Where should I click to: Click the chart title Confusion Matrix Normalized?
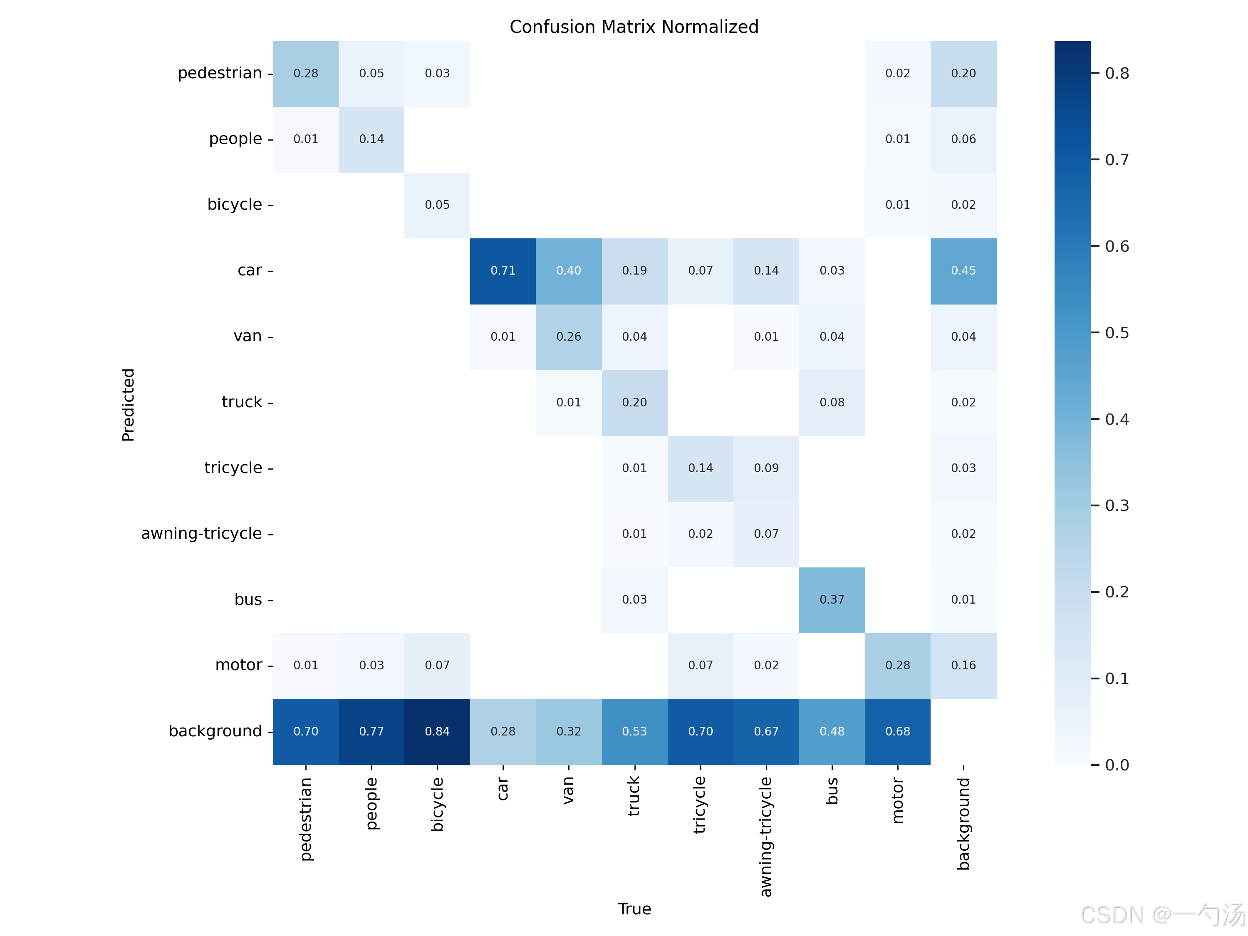pos(634,27)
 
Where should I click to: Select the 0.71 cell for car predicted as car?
pos(503,271)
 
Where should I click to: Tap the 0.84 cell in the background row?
pos(437,732)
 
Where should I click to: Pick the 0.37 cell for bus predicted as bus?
pos(832,600)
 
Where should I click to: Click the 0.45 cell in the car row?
pos(963,271)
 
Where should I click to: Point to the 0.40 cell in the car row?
pos(569,271)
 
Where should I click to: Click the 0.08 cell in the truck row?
pos(832,403)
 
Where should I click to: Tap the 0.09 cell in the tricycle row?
pos(766,468)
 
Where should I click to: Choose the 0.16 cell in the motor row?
pos(963,666)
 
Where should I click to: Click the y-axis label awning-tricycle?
pos(201,534)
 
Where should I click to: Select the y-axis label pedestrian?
pos(220,73)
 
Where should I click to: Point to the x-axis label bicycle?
pos(437,805)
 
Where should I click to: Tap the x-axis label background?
pos(963,824)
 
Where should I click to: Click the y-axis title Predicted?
pos(129,404)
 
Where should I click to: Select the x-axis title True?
pos(634,909)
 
